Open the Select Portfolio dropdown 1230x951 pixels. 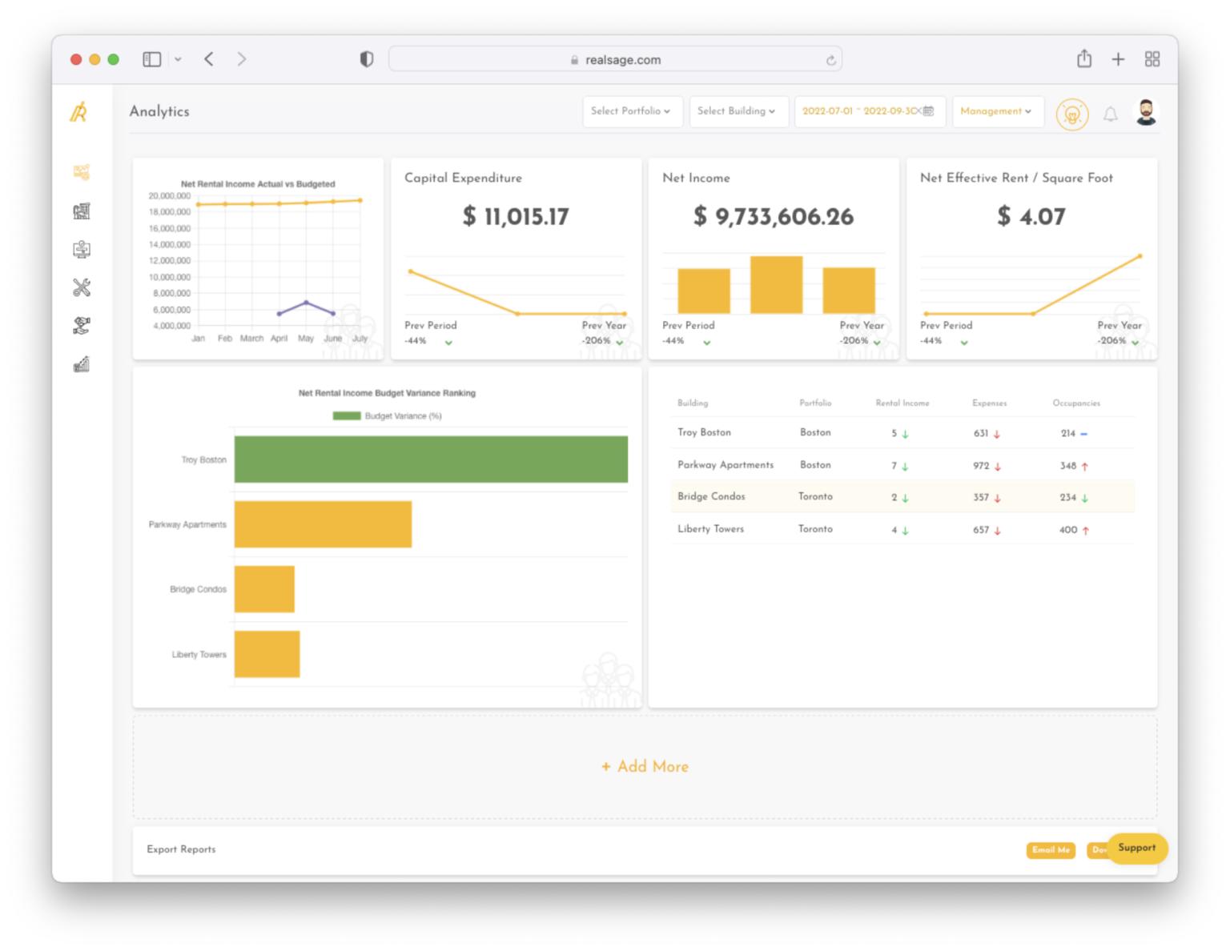pos(630,111)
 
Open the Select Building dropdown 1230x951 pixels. pos(736,111)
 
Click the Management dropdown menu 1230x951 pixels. pos(995,111)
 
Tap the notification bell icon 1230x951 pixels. pos(1110,114)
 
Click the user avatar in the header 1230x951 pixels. pos(1146,113)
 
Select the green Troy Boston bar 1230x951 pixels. pos(431,459)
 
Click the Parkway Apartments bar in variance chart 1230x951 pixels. pos(323,524)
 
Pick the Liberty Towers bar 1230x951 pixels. pos(267,654)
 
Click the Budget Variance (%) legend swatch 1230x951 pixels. pos(347,416)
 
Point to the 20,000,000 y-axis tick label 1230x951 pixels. pos(170,196)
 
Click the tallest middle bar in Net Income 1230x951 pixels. pos(776,285)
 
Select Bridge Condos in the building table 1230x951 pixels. pos(711,496)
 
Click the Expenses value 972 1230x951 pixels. pos(981,466)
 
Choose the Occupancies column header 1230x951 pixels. pos(1075,403)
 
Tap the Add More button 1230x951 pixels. pos(645,767)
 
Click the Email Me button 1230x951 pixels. pos(1051,850)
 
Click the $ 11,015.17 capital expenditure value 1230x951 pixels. pos(516,217)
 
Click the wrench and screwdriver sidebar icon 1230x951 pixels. pos(82,287)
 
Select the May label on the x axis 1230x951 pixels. pos(306,339)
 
